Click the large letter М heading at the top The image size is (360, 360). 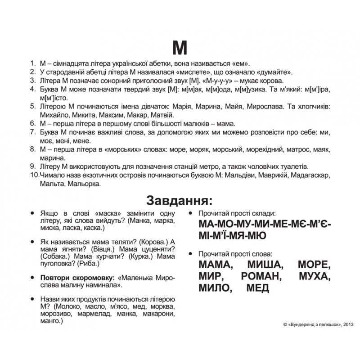(x=180, y=47)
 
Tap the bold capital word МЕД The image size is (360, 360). (x=258, y=288)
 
